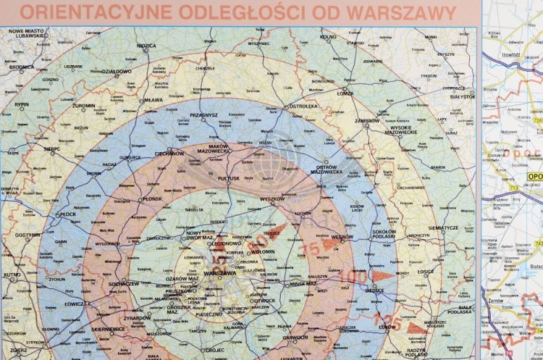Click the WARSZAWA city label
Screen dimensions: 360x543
coord(219,274)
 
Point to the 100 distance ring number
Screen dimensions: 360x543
coord(353,277)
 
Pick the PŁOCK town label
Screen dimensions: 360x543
coord(67,214)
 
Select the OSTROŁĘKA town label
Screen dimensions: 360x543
coord(303,106)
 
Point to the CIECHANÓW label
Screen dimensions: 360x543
coord(169,154)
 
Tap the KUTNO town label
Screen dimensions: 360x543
coord(12,275)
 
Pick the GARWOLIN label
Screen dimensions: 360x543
coord(295,337)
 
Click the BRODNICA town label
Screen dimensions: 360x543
coord(22,67)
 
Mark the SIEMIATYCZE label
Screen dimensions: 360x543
coord(443,227)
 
